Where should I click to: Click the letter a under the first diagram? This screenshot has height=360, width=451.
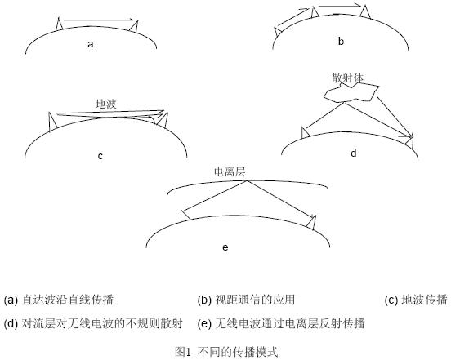(x=91, y=45)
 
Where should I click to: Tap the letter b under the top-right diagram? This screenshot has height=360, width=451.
(x=341, y=42)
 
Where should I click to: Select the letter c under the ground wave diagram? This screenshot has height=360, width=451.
(x=100, y=156)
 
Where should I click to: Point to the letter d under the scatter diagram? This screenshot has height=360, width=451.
(x=354, y=153)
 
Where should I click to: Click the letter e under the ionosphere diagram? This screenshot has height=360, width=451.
(x=225, y=247)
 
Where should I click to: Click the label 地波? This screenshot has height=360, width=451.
(x=106, y=104)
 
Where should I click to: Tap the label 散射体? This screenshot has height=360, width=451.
(x=347, y=78)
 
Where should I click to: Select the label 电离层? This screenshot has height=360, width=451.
(x=230, y=171)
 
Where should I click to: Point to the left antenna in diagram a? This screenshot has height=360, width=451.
(x=60, y=24)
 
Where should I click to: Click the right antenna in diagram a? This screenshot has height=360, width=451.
(x=135, y=26)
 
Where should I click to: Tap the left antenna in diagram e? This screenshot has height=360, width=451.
(x=185, y=216)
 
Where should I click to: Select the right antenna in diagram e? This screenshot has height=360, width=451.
(x=311, y=223)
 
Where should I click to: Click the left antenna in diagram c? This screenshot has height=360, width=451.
(x=52, y=122)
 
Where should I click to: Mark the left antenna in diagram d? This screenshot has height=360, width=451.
(x=305, y=132)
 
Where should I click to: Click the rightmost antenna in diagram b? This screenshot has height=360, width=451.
(x=365, y=12)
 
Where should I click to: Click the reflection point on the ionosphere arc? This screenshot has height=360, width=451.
(x=247, y=180)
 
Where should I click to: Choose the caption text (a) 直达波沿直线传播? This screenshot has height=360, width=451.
(x=59, y=300)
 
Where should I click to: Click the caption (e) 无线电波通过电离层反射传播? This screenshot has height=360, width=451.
(x=281, y=323)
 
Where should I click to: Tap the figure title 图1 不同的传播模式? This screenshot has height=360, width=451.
(x=226, y=352)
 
